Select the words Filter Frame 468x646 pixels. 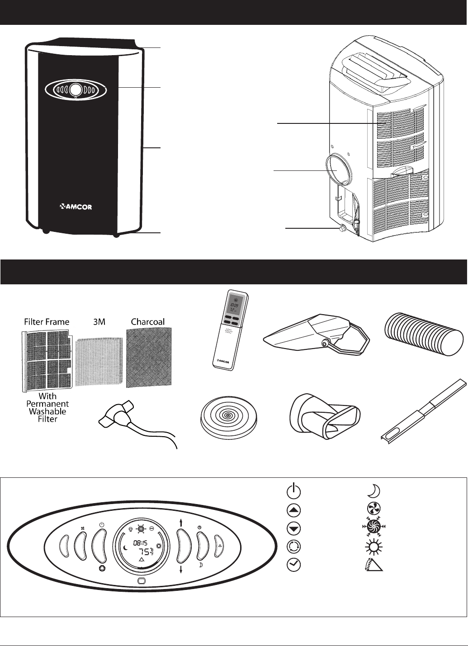[x=47, y=322]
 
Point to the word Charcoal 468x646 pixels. [x=148, y=322]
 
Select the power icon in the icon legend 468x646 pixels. [x=293, y=491]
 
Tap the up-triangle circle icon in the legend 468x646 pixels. [x=293, y=510]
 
